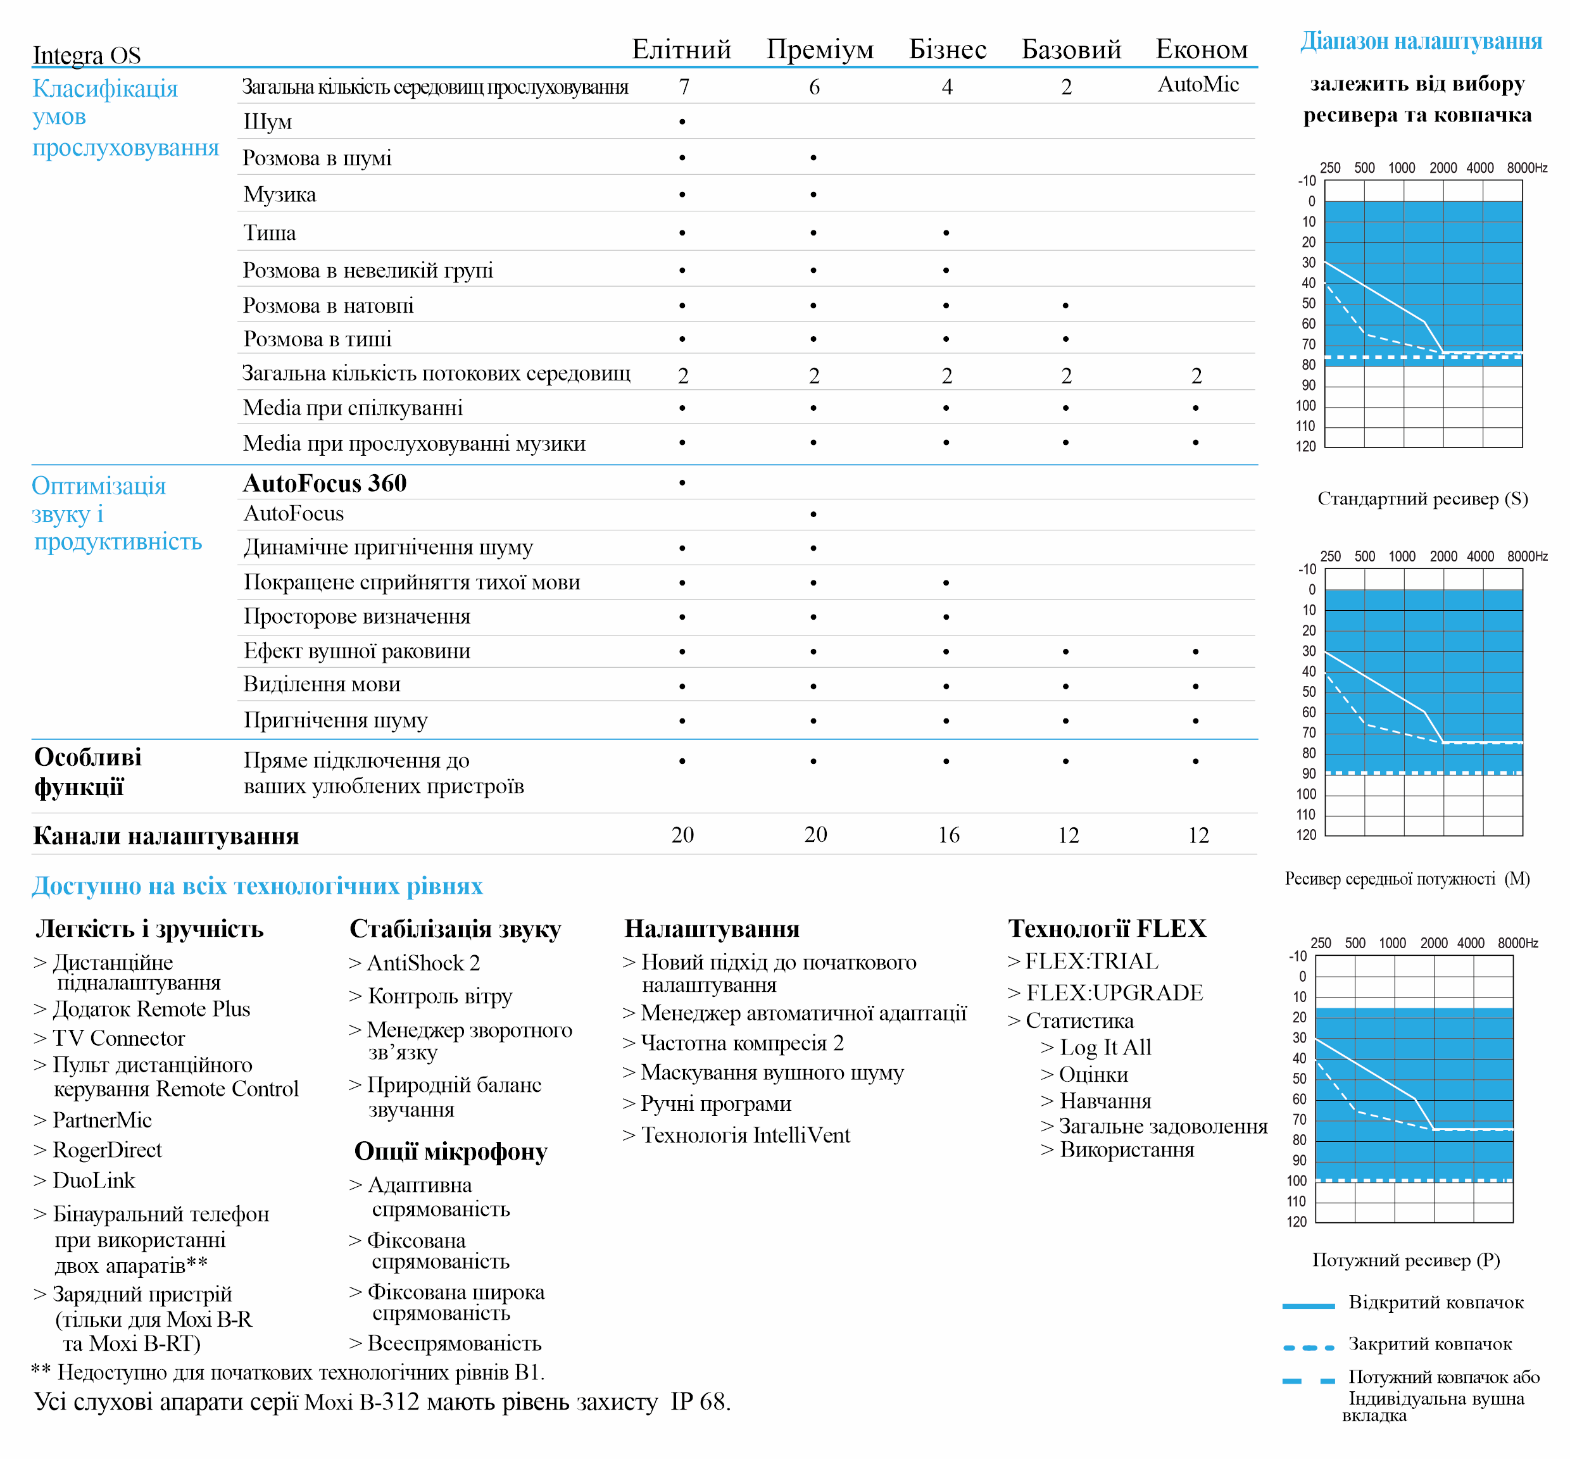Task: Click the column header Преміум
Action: coord(820,50)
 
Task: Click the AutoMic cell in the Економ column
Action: coord(1198,84)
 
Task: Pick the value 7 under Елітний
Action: coord(684,87)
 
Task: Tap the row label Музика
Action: coord(280,195)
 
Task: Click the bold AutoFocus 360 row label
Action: coord(325,483)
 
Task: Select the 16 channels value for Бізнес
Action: coord(948,836)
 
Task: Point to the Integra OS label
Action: coord(87,55)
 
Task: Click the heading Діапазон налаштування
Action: coord(1421,41)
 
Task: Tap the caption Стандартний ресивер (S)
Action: coord(1422,499)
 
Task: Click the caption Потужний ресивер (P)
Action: coord(1406,1260)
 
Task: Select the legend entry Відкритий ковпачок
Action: coord(1436,1303)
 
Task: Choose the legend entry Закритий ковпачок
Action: coord(1429,1344)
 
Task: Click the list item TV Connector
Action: coord(118,1038)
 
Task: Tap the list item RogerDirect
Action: coord(106,1150)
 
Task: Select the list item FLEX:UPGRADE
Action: coord(1114,993)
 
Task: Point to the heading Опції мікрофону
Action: coord(451,1152)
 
